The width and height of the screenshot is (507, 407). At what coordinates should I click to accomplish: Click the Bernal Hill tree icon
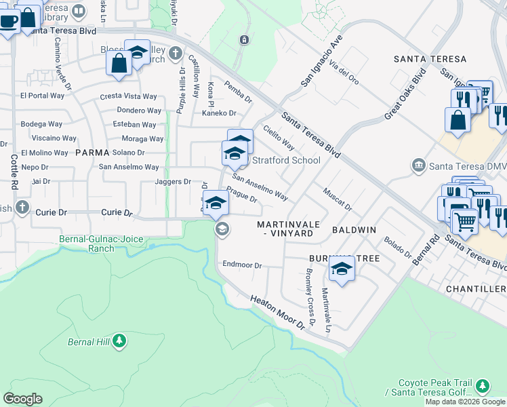coord(119,341)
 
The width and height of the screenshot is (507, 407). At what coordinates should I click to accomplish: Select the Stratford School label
coord(286,161)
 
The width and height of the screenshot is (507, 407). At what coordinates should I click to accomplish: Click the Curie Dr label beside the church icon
coord(51,212)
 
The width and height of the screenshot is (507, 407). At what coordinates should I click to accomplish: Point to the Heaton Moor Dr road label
coord(278,313)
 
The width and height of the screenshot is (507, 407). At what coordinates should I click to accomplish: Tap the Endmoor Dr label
coord(242,265)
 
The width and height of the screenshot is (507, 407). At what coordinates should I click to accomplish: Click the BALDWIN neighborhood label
coord(354,230)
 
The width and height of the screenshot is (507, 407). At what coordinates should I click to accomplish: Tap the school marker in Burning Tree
coord(342,270)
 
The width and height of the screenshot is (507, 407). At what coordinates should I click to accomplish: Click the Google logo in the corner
coord(22,399)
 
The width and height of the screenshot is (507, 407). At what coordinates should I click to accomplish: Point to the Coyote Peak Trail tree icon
coord(483,386)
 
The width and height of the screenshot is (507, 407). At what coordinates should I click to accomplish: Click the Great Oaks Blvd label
coord(405,94)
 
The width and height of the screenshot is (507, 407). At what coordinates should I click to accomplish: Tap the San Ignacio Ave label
coord(319,60)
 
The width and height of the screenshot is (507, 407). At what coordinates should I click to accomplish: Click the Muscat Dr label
coord(338,199)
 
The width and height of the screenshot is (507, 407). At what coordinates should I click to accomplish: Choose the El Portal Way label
coord(42,96)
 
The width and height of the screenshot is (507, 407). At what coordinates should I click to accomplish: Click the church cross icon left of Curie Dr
coord(22,207)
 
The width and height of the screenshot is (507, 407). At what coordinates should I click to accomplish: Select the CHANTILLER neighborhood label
coord(475,289)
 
